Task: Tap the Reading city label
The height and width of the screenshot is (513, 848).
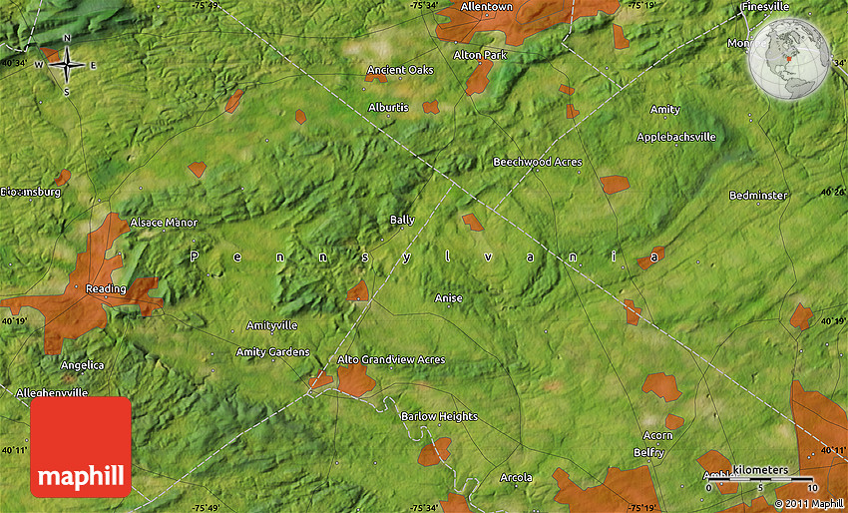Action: click(x=106, y=289)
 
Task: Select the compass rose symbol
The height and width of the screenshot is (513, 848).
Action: click(x=67, y=65)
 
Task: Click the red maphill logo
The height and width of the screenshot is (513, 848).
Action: click(x=81, y=446)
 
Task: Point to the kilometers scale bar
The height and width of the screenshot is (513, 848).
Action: click(x=760, y=480)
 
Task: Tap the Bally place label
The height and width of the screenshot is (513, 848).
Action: click(x=402, y=220)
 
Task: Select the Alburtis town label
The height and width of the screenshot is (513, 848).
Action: click(x=388, y=107)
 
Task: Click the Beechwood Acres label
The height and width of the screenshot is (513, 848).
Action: click(x=537, y=162)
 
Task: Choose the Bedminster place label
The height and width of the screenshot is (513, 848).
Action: click(x=757, y=196)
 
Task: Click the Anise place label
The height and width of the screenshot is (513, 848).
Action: click(x=449, y=298)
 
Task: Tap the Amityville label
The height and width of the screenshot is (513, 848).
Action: click(x=272, y=326)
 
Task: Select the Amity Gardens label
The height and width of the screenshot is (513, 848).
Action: click(x=272, y=352)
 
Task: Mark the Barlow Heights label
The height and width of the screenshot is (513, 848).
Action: click(x=439, y=417)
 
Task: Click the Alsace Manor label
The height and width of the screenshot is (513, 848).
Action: click(x=164, y=223)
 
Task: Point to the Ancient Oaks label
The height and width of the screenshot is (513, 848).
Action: click(x=401, y=70)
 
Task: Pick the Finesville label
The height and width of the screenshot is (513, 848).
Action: click(x=765, y=7)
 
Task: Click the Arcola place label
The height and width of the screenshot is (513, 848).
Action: click(x=516, y=478)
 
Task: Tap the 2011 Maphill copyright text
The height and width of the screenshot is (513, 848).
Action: click(x=809, y=504)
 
